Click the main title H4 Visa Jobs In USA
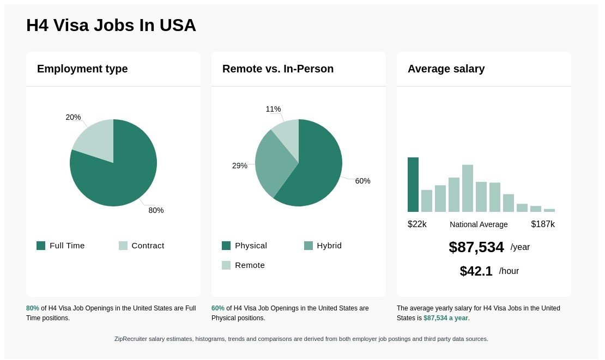pyautogui.click(x=111, y=25)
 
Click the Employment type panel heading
pyautogui.click(x=82, y=69)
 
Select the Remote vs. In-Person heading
pyautogui.click(x=277, y=69)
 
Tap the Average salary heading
pyautogui.click(x=446, y=69)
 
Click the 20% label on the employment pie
pyautogui.click(x=73, y=117)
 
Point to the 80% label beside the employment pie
pyautogui.click(x=156, y=210)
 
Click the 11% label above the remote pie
pyautogui.click(x=273, y=109)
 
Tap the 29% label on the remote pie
pyautogui.click(x=239, y=166)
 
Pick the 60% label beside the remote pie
pyautogui.click(x=362, y=181)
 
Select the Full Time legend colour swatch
pyautogui.click(x=41, y=246)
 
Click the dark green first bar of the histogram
pyautogui.click(x=413, y=185)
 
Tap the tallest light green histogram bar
pyautogui.click(x=467, y=188)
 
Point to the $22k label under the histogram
pyautogui.click(x=417, y=224)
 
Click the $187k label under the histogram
pyautogui.click(x=542, y=224)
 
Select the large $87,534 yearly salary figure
pyautogui.click(x=476, y=247)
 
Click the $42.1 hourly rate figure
pyautogui.click(x=476, y=271)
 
